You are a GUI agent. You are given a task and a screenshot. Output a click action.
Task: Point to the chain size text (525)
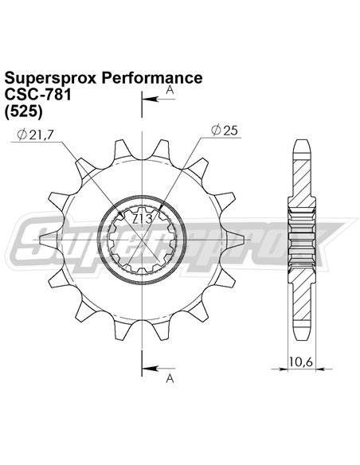point(24,111)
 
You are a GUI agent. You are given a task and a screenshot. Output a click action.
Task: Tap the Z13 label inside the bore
point(143,218)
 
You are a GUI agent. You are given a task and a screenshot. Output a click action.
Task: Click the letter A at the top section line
point(170,92)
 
